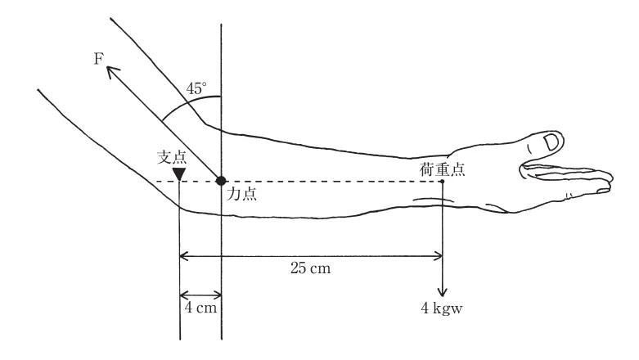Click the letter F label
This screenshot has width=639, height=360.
(x=99, y=59)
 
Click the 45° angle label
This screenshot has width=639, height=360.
(x=196, y=88)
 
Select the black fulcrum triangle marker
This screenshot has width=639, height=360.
(x=179, y=173)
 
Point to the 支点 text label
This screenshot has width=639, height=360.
(x=172, y=157)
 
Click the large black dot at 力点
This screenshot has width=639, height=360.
(x=221, y=181)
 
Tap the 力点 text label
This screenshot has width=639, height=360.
(x=241, y=195)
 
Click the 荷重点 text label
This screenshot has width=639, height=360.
(x=442, y=169)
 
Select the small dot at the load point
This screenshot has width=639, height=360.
(x=442, y=182)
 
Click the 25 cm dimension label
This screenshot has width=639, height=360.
(x=311, y=268)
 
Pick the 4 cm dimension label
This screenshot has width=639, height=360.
(x=200, y=308)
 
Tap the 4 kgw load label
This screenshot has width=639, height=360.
(x=442, y=308)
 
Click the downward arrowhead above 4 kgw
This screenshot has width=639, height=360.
(x=442, y=292)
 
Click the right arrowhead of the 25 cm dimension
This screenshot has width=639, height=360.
(x=439, y=256)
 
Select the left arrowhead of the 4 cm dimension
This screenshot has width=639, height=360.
(x=184, y=295)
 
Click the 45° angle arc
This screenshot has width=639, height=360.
(x=189, y=104)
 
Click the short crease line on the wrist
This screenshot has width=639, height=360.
(x=434, y=200)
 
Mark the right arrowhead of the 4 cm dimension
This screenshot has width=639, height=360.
(x=217, y=295)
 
